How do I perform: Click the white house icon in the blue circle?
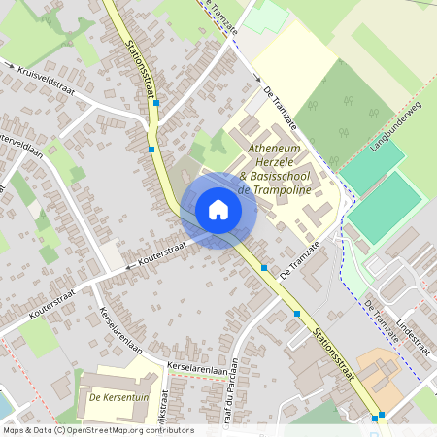(218, 209)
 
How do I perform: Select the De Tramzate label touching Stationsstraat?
(299, 262)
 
